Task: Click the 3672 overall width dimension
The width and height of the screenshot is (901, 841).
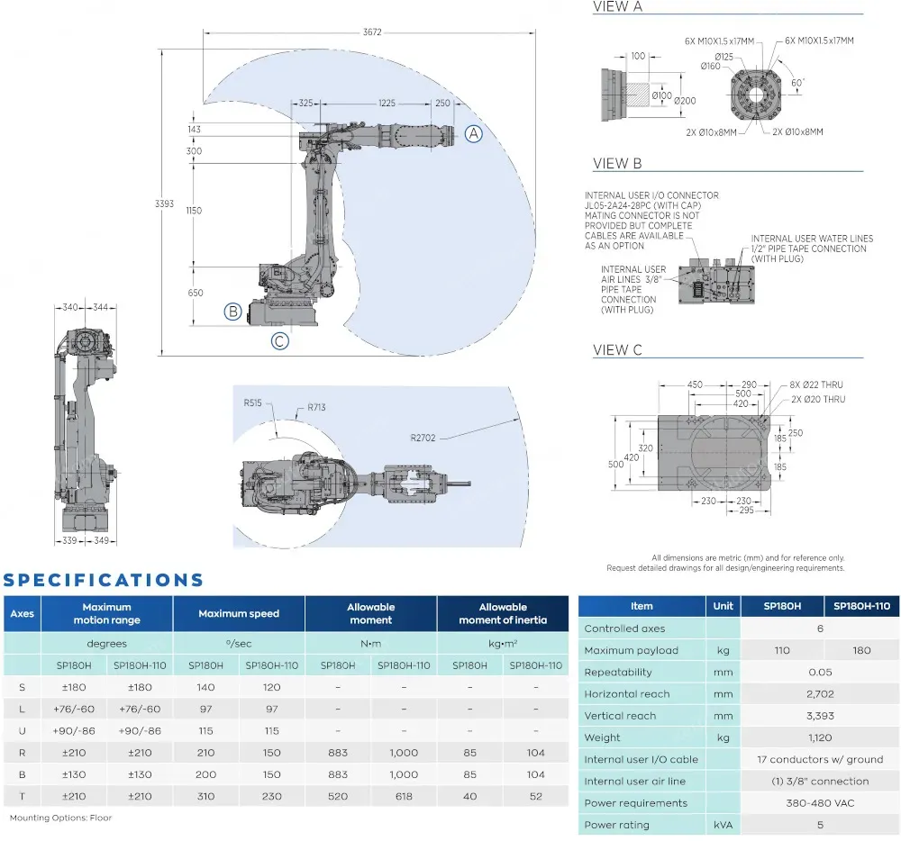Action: [x=372, y=32]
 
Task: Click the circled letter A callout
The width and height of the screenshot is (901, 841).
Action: [x=474, y=134]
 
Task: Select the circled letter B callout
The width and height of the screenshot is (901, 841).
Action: [x=232, y=312]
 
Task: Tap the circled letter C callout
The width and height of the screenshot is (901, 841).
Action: [x=280, y=341]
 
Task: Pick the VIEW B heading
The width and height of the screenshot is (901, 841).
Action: [x=617, y=164]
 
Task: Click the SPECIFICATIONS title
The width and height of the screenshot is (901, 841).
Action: [x=104, y=580]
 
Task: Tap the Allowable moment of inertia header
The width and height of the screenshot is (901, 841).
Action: [x=503, y=613]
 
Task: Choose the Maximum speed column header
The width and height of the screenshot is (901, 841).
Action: [x=239, y=613]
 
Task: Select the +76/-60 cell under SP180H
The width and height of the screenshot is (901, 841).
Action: [x=74, y=710]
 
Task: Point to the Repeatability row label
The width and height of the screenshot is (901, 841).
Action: [x=618, y=672]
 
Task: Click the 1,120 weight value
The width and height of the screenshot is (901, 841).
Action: [x=820, y=737]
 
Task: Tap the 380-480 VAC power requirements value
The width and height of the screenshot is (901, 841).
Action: [x=820, y=803]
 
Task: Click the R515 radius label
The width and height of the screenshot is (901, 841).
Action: [x=252, y=402]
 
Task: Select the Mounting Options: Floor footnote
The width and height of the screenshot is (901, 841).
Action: [x=60, y=818]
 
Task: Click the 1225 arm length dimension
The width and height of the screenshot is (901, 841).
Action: [x=387, y=104]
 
